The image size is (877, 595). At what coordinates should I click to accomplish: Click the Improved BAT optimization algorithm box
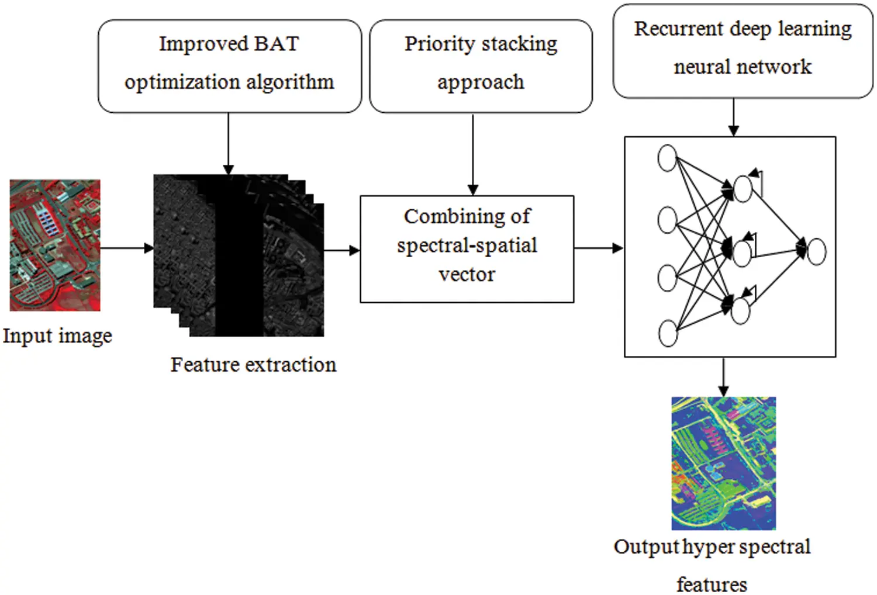[x=229, y=65]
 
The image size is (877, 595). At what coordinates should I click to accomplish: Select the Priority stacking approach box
[x=481, y=65]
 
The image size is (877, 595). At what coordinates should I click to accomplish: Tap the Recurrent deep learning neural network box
[x=743, y=50]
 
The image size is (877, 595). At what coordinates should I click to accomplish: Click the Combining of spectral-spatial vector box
[x=467, y=248]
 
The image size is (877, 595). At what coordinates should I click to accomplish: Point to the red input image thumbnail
[x=55, y=245]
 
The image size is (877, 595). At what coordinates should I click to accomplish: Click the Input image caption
[x=57, y=336]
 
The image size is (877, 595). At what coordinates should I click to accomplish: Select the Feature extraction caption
[x=253, y=365]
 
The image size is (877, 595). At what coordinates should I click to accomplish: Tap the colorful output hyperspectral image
[x=723, y=463]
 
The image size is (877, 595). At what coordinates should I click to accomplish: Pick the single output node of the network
[x=816, y=251]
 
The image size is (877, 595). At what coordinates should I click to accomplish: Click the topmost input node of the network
[x=667, y=158]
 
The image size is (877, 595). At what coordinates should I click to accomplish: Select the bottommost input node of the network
[x=668, y=333]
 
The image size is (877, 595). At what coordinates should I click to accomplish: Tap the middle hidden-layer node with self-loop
[x=741, y=254]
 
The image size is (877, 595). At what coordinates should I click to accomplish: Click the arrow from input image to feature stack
[x=126, y=248]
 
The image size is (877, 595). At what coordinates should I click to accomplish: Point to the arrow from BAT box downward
[x=228, y=143]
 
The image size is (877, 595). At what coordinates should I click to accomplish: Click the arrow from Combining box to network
[x=598, y=248]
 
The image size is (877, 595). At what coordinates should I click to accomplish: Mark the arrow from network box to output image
[x=723, y=376]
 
